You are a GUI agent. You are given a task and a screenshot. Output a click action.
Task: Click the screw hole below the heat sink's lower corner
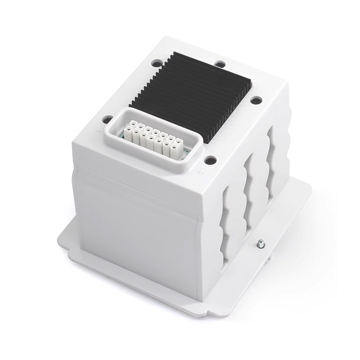click(209, 158)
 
